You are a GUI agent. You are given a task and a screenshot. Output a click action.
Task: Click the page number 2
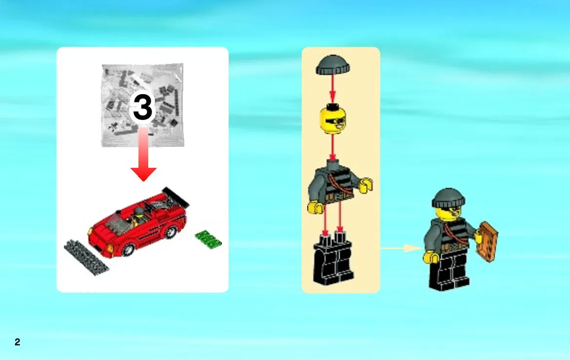[x=17, y=342]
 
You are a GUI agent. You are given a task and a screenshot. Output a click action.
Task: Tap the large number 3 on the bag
[x=143, y=106]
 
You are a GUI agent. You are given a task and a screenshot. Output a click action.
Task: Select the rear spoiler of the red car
[x=176, y=197]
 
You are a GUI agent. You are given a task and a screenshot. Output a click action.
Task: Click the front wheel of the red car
[x=128, y=249]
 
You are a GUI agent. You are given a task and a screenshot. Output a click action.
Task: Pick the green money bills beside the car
[x=208, y=239]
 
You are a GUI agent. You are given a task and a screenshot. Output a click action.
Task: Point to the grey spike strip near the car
[x=86, y=257]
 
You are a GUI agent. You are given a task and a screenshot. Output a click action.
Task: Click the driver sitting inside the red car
[x=138, y=215]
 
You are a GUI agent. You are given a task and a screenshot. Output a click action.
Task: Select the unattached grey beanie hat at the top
[x=333, y=65]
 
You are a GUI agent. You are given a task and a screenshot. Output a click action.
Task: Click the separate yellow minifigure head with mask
[x=333, y=120]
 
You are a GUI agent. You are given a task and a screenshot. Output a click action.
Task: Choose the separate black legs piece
[x=333, y=260]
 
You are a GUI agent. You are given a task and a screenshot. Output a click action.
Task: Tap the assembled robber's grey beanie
[x=449, y=198]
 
